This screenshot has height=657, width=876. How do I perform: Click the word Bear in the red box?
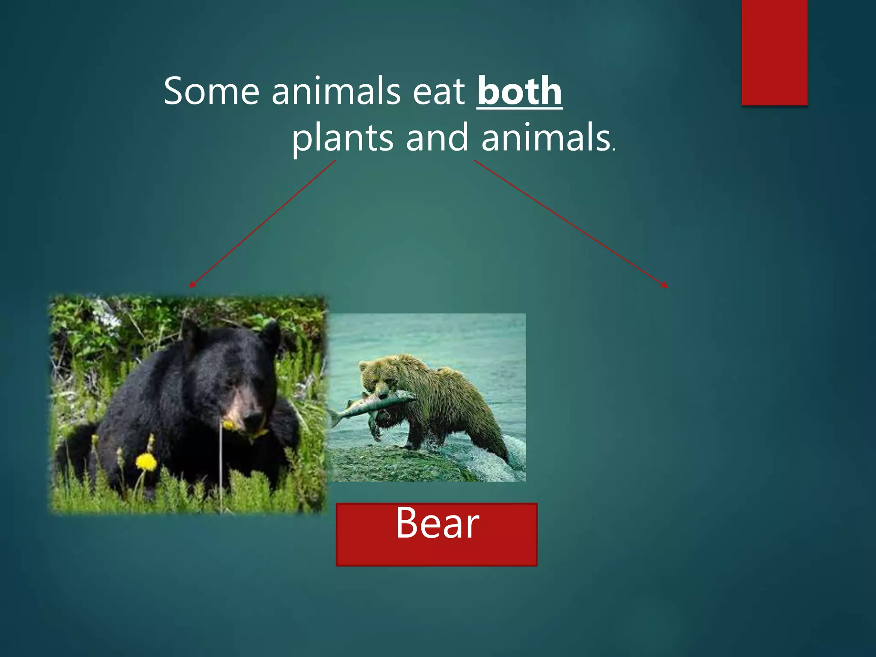pos(437,523)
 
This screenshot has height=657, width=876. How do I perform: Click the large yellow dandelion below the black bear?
pos(146,462)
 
